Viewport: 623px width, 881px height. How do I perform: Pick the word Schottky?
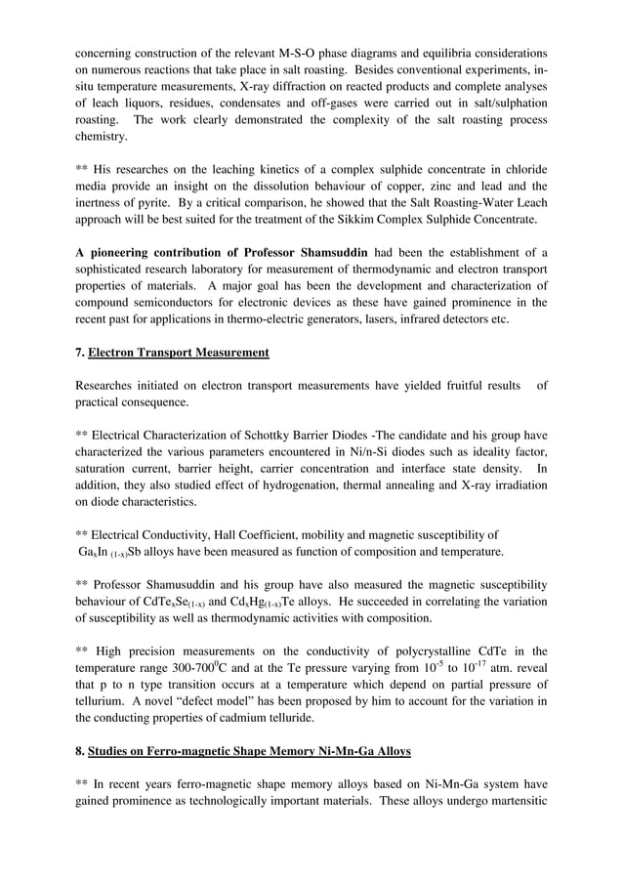click(261, 433)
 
